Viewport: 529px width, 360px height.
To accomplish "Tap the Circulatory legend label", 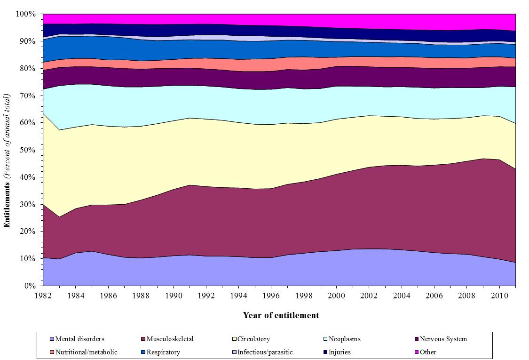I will click(x=253, y=339).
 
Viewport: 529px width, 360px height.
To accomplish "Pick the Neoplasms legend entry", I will click(x=345, y=339).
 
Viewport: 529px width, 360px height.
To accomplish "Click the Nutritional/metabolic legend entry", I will click(x=86, y=352).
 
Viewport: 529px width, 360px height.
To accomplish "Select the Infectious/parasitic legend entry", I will click(x=265, y=352).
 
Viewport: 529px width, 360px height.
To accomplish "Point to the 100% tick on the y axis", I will click(x=26, y=14).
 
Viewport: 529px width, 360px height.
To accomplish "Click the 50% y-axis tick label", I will click(x=27, y=150).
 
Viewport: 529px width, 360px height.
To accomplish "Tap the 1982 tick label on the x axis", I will click(x=43, y=296).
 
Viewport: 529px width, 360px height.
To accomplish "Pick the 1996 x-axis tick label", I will click(x=271, y=296).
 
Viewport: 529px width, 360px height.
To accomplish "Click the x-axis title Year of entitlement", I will click(x=281, y=315).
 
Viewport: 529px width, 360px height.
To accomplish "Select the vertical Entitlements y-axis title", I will click(x=7, y=160).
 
